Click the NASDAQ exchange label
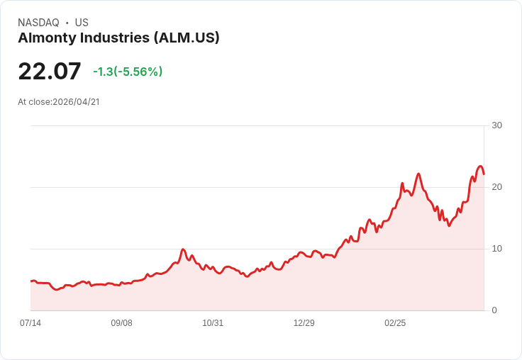(x=38, y=23)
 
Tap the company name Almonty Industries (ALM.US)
(x=118, y=38)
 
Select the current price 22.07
(x=50, y=72)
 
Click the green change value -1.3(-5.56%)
(x=128, y=72)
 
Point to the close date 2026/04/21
(x=76, y=102)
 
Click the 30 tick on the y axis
(x=496, y=125)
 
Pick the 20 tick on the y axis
(x=496, y=187)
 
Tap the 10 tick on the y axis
(x=496, y=249)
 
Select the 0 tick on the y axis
(x=494, y=310)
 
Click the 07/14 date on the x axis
(x=30, y=323)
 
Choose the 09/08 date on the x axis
(x=121, y=323)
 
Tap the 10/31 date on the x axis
(x=213, y=323)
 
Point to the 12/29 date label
(x=304, y=323)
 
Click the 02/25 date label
(x=395, y=323)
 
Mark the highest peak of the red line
(x=480, y=167)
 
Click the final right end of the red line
(x=484, y=174)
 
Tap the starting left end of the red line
(x=31, y=281)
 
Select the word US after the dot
(x=82, y=23)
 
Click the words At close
(x=34, y=102)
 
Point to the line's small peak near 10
(x=183, y=249)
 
